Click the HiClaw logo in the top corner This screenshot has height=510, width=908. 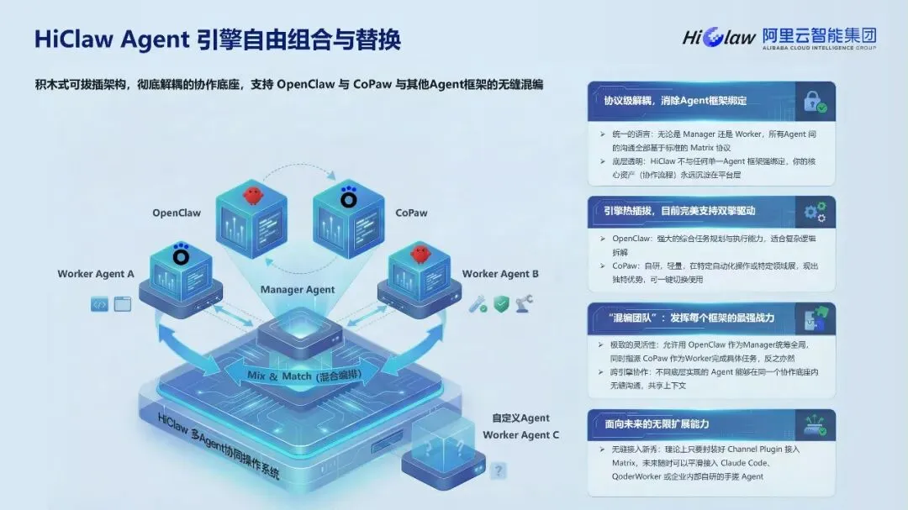click(x=719, y=37)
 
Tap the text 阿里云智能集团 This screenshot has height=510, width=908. click(x=819, y=36)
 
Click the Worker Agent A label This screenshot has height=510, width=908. click(x=96, y=274)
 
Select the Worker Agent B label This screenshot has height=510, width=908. click(x=500, y=274)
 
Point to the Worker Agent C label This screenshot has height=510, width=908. click(x=520, y=434)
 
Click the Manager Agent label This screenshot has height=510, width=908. click(x=298, y=290)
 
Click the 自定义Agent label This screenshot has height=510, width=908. click(x=520, y=418)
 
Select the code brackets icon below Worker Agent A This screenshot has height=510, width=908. click(x=99, y=305)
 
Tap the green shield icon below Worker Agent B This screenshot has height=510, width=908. click(x=501, y=303)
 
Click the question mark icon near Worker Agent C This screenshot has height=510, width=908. click(x=499, y=471)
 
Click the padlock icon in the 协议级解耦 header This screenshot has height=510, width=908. click(x=813, y=102)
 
